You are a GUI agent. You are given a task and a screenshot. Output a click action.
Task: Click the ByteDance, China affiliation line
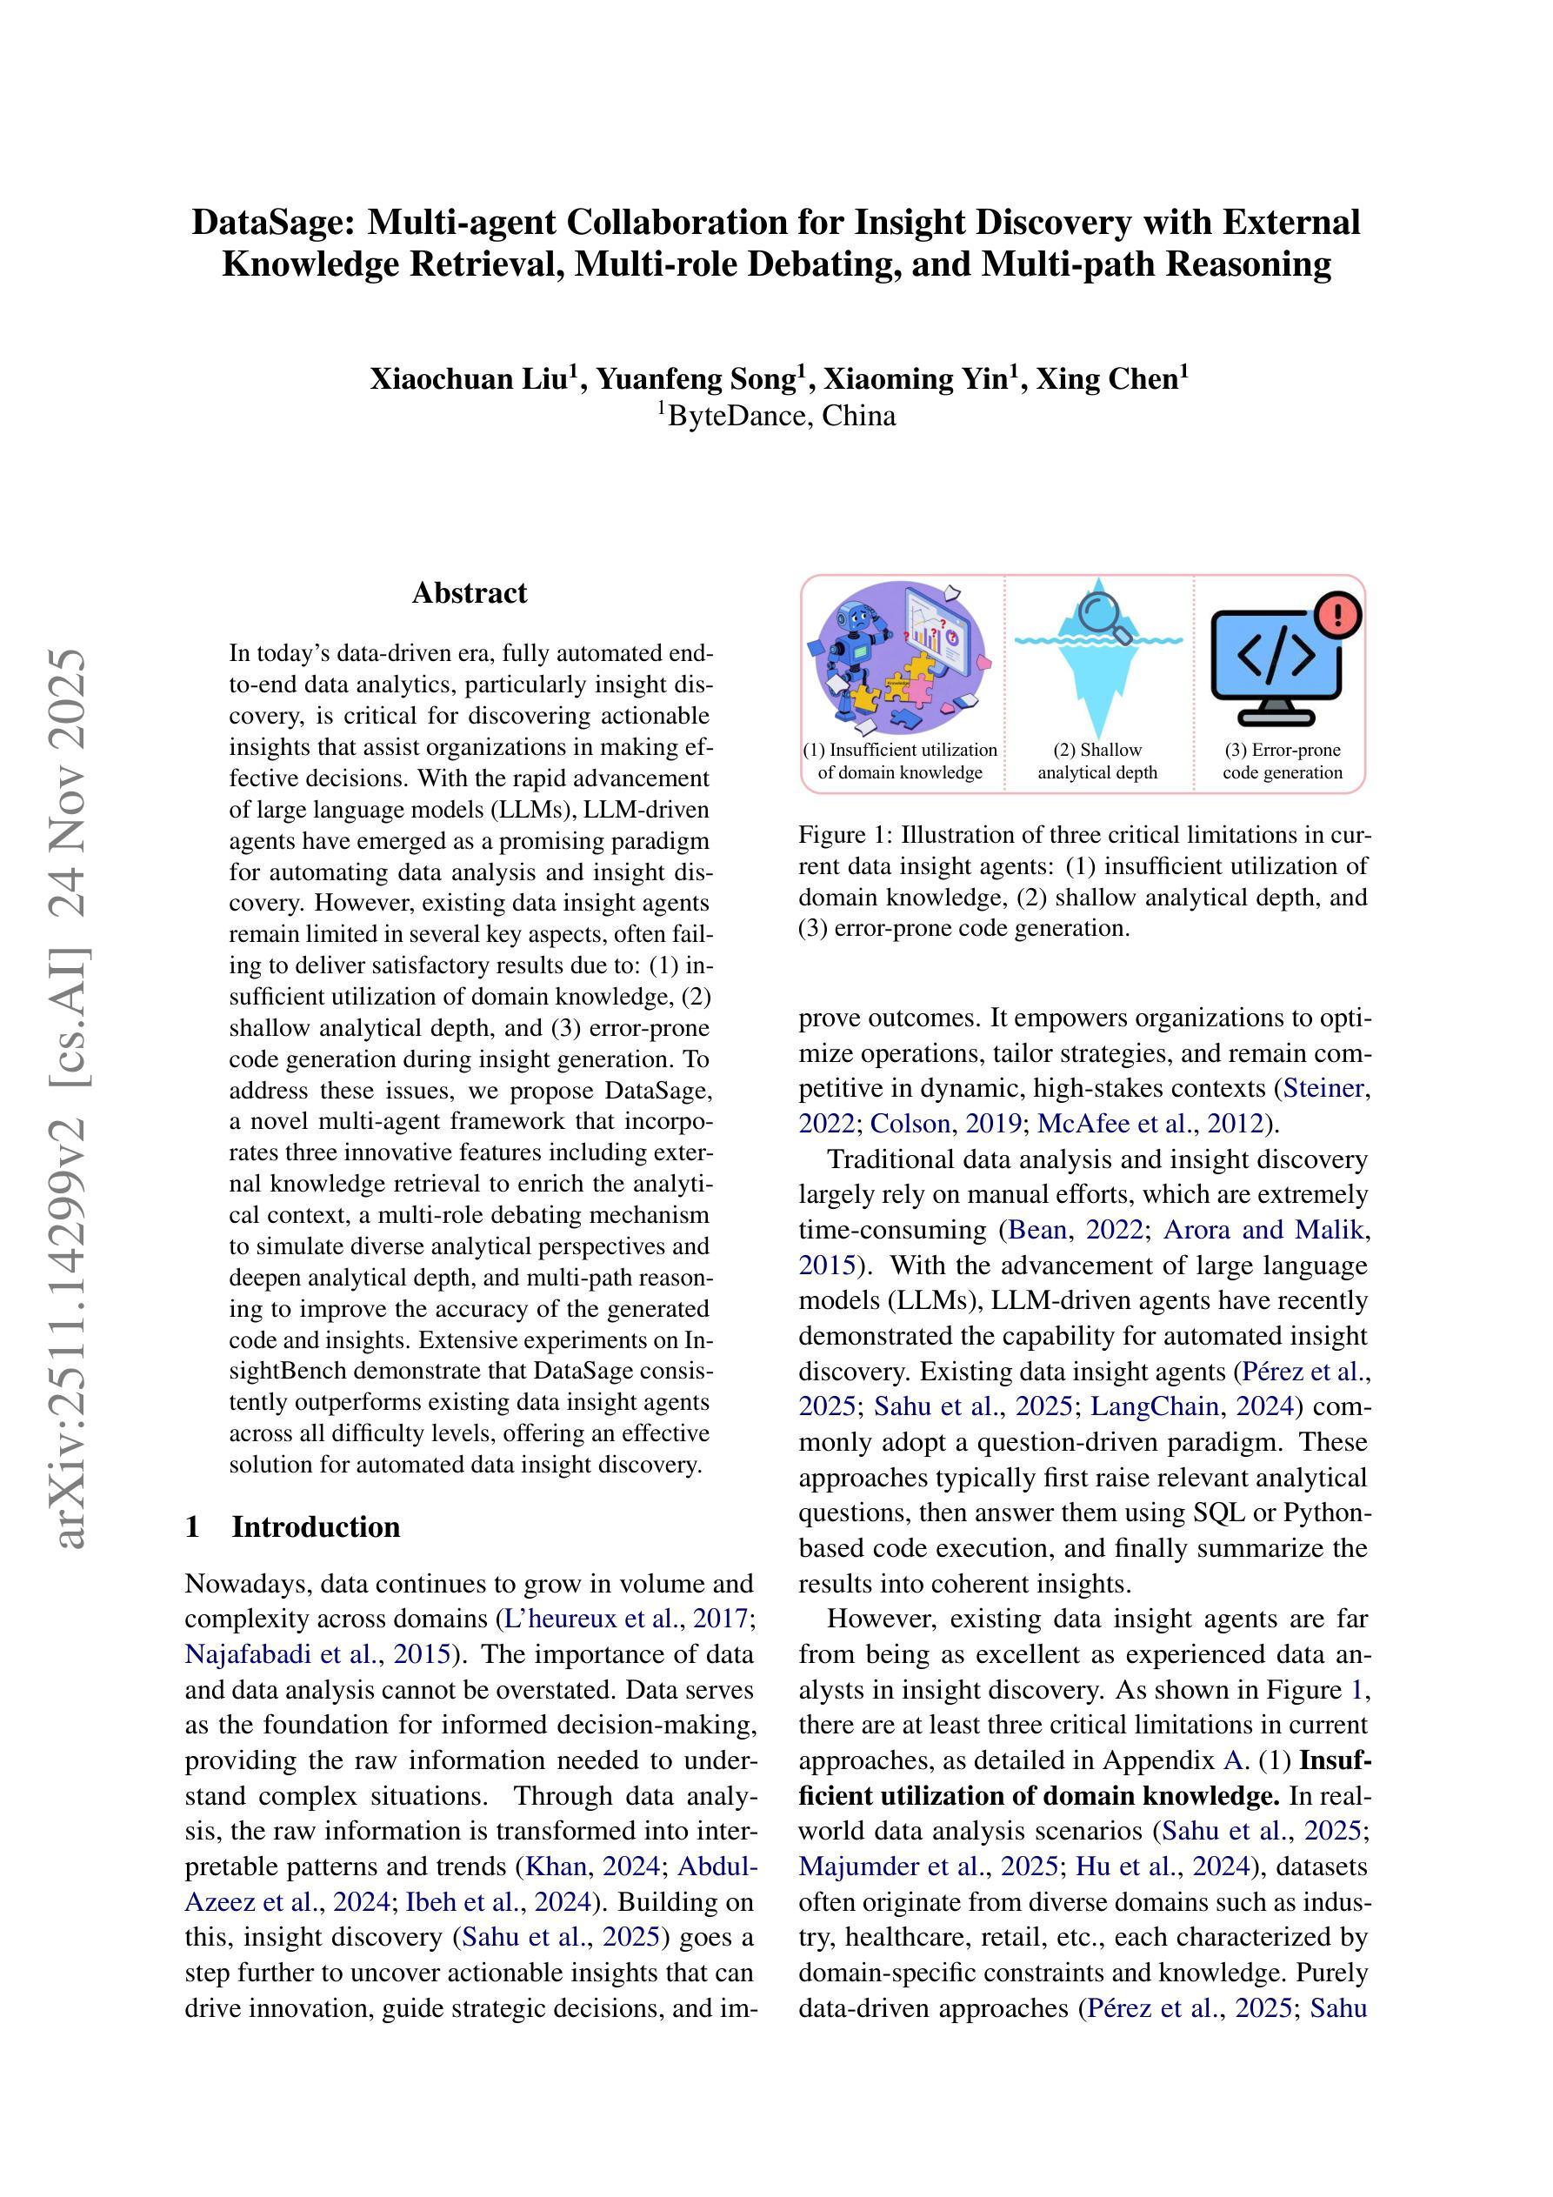click(x=776, y=417)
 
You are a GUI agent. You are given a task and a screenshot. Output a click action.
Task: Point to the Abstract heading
click(x=469, y=593)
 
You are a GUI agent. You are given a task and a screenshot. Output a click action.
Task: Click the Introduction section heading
click(x=315, y=1526)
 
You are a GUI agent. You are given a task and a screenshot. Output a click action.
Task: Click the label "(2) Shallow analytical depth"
click(x=1097, y=762)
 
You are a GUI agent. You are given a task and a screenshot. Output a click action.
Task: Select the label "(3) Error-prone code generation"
click(x=1283, y=762)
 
